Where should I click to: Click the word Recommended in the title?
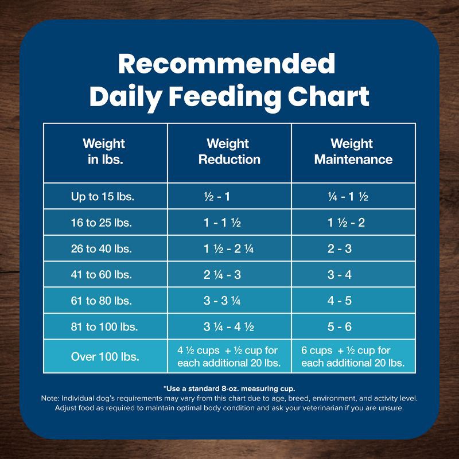click(x=227, y=64)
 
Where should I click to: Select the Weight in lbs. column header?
click(x=104, y=151)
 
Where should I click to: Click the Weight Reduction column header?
click(x=229, y=151)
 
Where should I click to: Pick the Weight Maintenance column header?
click(x=353, y=151)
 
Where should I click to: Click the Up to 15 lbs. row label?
click(x=102, y=197)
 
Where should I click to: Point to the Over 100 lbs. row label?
click(x=105, y=356)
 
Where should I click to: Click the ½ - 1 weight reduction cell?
click(x=217, y=197)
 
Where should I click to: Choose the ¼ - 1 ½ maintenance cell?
click(x=348, y=197)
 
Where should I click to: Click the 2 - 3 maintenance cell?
click(x=340, y=249)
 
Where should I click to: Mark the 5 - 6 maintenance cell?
click(x=340, y=327)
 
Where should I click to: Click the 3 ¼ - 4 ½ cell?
click(x=229, y=327)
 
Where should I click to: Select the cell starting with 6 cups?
click(x=353, y=356)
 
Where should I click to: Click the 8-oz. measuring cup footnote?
click(x=229, y=388)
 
